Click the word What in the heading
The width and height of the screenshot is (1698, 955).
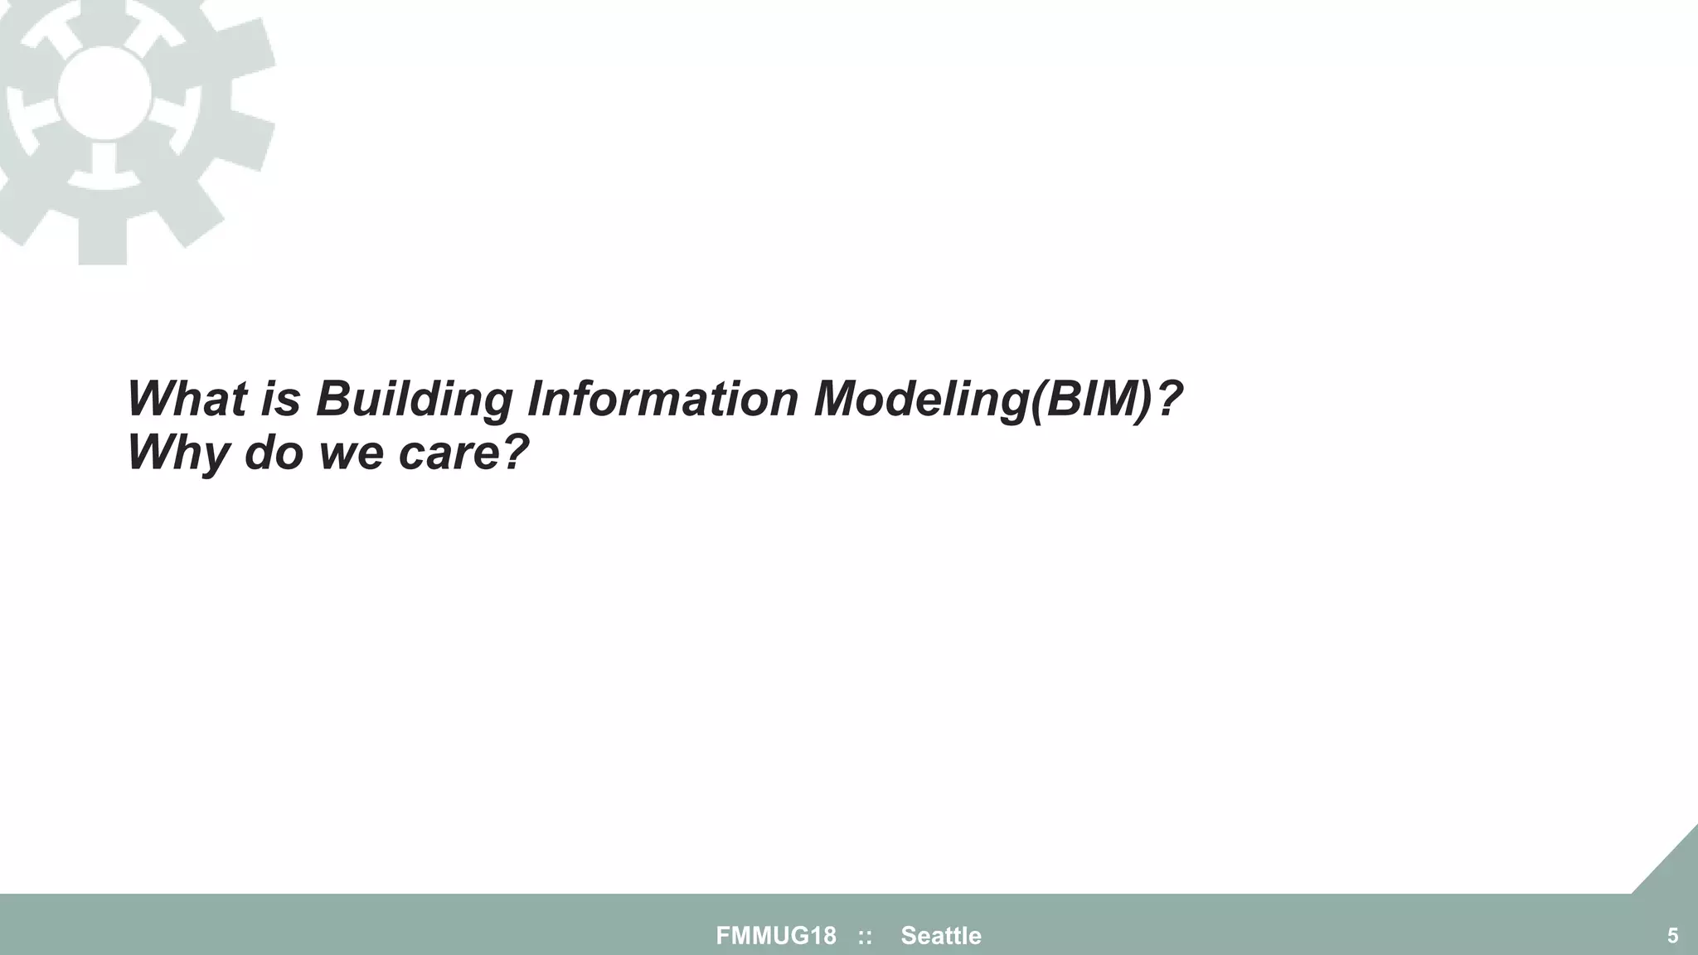(187, 399)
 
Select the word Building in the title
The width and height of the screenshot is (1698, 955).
(415, 399)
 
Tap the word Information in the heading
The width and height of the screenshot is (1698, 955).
(662, 399)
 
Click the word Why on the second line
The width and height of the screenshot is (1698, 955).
(177, 453)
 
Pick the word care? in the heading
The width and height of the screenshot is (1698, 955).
(463, 453)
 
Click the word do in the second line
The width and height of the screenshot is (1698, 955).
(274, 453)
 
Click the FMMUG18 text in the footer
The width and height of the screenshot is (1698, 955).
(776, 936)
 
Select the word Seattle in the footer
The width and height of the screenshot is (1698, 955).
(941, 936)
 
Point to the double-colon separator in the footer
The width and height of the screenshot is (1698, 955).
(865, 937)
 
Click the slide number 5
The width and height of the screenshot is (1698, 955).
(1672, 936)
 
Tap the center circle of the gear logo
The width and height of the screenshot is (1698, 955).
(104, 93)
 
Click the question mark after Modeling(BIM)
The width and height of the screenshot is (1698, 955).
(1168, 399)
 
